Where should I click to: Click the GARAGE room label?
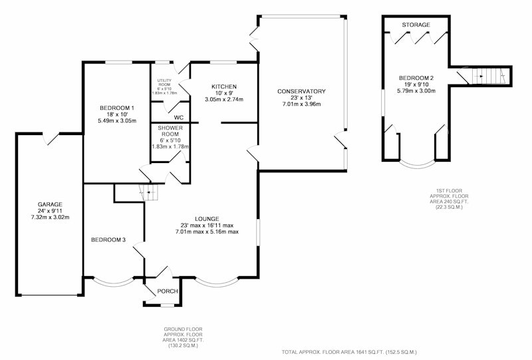coord(50,204)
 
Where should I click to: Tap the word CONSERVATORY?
coord(301,91)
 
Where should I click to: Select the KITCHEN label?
coord(224,87)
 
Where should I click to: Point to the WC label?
coord(179,118)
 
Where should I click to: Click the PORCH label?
coord(168,291)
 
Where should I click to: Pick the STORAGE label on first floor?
coord(416,25)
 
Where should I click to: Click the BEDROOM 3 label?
coord(108,240)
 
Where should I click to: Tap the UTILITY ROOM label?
coord(164,83)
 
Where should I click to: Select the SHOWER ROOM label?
coord(170,131)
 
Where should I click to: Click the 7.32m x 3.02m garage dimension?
coord(50,218)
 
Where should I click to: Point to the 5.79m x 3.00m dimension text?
coord(416,90)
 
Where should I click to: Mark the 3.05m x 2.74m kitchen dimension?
coord(224,100)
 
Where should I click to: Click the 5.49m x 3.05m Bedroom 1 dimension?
coord(117,120)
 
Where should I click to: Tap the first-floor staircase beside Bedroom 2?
coord(489,76)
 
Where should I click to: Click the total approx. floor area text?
coord(349,352)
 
